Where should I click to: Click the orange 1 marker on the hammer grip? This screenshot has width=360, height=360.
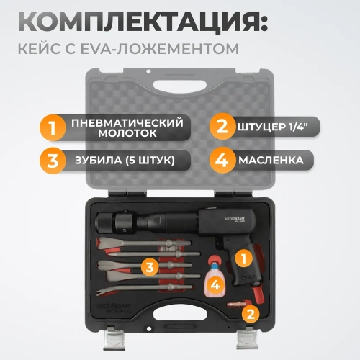243,255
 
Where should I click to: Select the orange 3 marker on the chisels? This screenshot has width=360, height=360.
149,267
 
